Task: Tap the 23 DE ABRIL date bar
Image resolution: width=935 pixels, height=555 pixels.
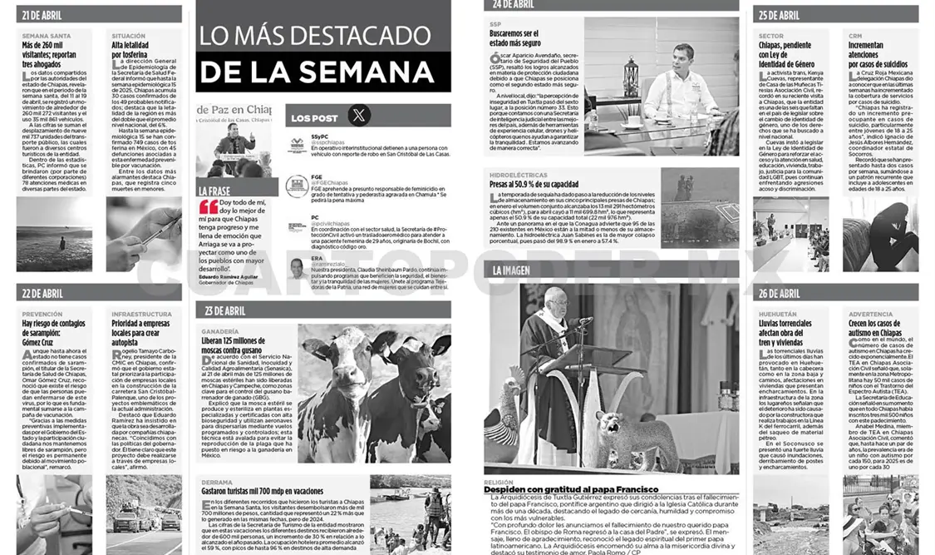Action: pyautogui.click(x=225, y=310)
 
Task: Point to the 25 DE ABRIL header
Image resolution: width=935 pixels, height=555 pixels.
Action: pyautogui.click(x=779, y=15)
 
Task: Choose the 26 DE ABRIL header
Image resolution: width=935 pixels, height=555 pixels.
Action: pyautogui.click(x=779, y=293)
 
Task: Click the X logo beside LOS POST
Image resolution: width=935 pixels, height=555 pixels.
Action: pyautogui.click(x=358, y=117)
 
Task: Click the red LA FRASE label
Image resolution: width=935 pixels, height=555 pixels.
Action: pyautogui.click(x=214, y=191)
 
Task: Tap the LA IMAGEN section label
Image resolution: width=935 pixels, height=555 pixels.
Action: pyautogui.click(x=511, y=270)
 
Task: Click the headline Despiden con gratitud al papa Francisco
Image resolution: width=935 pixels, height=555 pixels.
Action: pyautogui.click(x=571, y=489)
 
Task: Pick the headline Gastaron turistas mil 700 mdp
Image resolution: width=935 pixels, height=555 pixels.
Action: pyautogui.click(x=253, y=493)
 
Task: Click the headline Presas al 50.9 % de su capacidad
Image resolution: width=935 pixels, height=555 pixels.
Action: pyautogui.click(x=534, y=184)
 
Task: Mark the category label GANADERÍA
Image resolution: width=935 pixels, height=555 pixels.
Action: pyautogui.click(x=220, y=331)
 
